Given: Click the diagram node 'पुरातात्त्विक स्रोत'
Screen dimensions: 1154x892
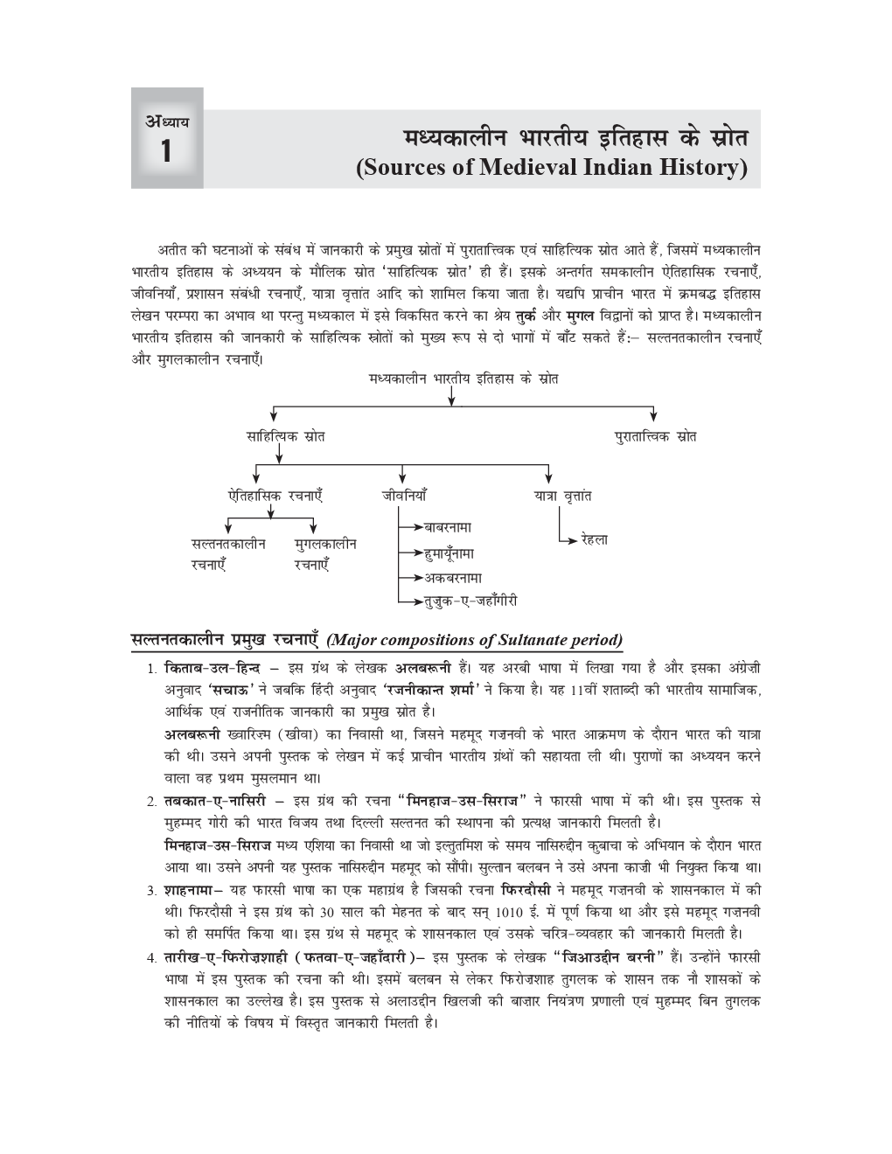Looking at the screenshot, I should (655, 436).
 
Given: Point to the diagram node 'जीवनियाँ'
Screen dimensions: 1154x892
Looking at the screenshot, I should (404, 496).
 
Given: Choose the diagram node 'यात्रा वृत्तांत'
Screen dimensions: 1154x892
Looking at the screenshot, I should (562, 496).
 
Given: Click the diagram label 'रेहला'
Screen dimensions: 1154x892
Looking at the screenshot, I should (594, 540).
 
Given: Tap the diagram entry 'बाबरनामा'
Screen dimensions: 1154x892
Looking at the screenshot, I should (448, 528).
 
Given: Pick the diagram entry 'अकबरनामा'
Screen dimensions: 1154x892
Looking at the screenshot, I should (453, 578).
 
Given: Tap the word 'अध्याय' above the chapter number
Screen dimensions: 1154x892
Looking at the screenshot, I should (167, 122).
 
